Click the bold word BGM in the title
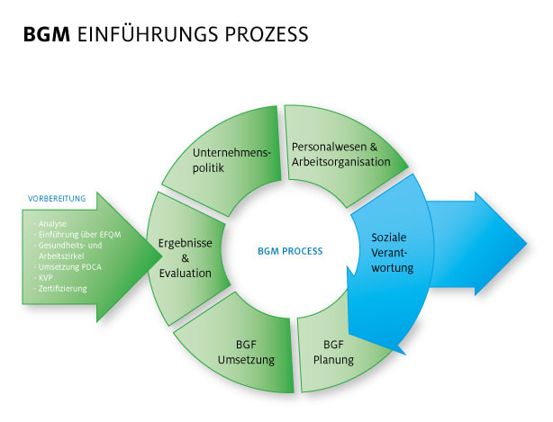pyautogui.click(x=47, y=35)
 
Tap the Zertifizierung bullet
pyautogui.click(x=62, y=289)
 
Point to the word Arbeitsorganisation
pyautogui.click(x=340, y=162)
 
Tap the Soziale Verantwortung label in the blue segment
pyautogui.click(x=392, y=252)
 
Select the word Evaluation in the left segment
pyautogui.click(x=185, y=274)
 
